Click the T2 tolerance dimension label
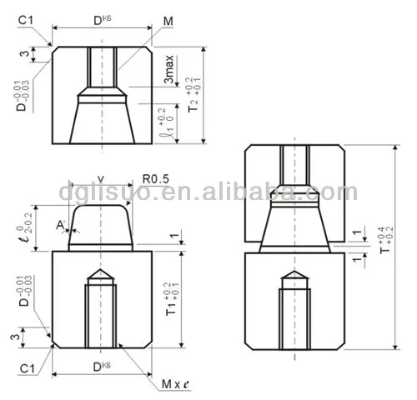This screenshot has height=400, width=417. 194,97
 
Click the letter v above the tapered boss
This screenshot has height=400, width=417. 101,177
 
